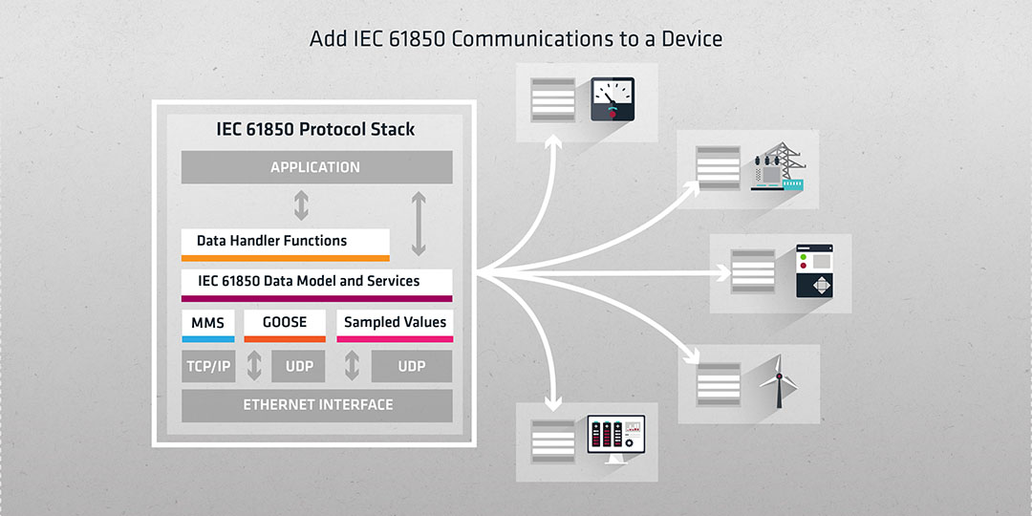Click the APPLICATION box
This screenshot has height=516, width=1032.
coord(316,167)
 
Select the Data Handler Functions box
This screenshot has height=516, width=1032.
coord(285,245)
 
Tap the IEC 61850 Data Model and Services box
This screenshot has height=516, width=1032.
coord(316,285)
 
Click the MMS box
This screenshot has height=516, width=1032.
coord(208,326)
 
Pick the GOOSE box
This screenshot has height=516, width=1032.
coord(285,326)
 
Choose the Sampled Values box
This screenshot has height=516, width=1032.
coord(395,326)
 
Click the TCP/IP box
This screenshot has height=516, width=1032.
coord(208,366)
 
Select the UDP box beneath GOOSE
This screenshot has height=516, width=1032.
coord(298,366)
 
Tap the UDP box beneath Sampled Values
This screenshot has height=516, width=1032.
coord(411,366)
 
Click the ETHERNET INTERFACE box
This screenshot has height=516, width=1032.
coord(316,405)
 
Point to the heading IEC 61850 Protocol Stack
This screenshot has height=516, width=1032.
coord(315,129)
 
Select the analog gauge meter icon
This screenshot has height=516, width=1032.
coord(613,99)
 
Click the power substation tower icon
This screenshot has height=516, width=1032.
coord(778,166)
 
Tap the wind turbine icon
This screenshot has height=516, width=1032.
coord(779,381)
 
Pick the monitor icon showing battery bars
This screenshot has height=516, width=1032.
coord(616,439)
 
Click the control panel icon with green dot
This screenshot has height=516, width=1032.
coord(814,271)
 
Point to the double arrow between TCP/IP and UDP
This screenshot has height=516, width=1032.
coord(254,366)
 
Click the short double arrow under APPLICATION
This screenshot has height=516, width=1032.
coord(301,205)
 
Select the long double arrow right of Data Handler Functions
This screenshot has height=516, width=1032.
coord(419,224)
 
